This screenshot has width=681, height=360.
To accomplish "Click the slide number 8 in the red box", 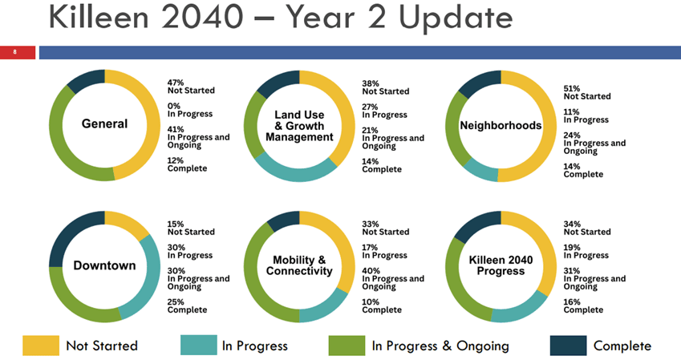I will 14,52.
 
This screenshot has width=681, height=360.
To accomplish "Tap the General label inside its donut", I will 104,124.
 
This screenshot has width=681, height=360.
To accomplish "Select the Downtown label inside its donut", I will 104,265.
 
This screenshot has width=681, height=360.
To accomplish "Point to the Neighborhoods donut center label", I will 501,126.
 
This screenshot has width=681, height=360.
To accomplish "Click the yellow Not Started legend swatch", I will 39,346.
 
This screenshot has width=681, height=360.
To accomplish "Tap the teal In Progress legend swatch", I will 196,346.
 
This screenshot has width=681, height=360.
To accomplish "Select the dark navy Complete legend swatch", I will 567,346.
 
